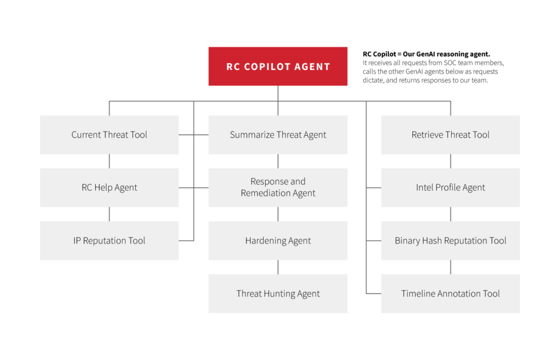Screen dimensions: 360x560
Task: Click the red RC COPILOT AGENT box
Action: pos(278,66)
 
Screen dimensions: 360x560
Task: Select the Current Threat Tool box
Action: pos(109,135)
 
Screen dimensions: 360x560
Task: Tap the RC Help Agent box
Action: pos(109,188)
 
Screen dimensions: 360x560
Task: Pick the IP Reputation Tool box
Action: pos(109,241)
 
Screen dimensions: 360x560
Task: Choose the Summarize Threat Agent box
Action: pos(278,135)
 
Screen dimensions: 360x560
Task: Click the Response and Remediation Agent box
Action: pos(278,188)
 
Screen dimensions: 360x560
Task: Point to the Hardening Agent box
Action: pos(278,241)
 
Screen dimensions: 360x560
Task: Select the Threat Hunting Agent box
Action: pos(278,294)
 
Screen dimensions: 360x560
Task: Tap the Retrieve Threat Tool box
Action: pos(450,135)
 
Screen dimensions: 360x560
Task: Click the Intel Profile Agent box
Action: pos(450,188)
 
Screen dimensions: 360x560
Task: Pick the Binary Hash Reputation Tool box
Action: pos(450,241)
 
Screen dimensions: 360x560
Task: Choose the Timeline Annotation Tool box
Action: pos(450,294)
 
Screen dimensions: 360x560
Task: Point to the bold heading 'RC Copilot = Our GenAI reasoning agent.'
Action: pos(426,54)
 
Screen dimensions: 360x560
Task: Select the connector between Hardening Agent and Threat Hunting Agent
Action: pos(278,267)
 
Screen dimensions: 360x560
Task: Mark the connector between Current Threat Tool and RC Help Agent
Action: pos(109,161)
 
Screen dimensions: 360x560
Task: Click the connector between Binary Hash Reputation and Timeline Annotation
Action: pos(451,267)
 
